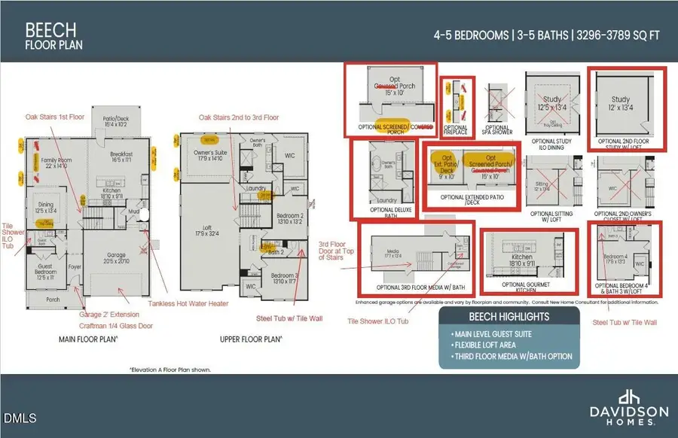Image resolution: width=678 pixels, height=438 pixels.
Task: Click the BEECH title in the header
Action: coord(50,30)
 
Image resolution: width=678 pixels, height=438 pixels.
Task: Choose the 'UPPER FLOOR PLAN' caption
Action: coord(251,339)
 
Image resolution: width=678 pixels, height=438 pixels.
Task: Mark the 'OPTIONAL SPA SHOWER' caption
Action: coord(498,130)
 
